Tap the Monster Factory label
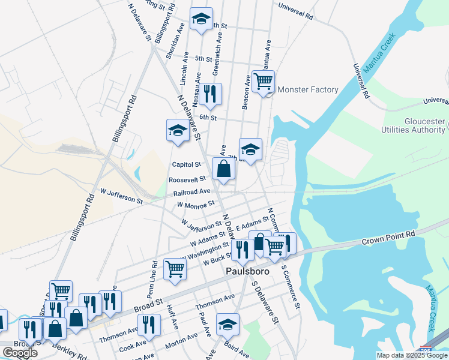(308, 90)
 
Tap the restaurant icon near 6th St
(210, 94)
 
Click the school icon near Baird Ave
(228, 325)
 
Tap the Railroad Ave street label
(192, 193)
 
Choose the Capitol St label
(186, 164)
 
